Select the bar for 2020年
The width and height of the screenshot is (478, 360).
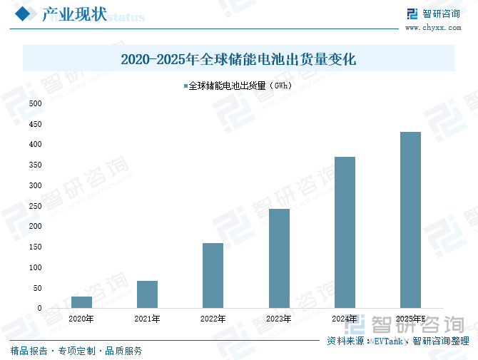[x=81, y=302]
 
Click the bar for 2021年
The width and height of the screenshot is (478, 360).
[x=147, y=294]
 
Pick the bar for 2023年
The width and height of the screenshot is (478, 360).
[x=279, y=258]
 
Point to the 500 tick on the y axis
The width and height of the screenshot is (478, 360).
[x=35, y=103]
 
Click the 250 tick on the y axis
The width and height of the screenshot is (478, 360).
[x=35, y=206]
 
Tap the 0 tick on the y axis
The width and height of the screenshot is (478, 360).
[x=39, y=308]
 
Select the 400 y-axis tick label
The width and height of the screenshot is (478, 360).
[x=35, y=145]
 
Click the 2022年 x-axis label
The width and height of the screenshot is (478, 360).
[x=213, y=319]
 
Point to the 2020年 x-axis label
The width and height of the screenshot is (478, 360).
[x=81, y=319]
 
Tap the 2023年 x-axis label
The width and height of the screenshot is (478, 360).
[x=279, y=319]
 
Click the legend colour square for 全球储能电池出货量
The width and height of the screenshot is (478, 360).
[x=185, y=86]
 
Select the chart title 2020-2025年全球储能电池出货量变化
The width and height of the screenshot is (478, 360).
[x=238, y=59]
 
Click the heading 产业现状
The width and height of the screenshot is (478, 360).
[x=74, y=14]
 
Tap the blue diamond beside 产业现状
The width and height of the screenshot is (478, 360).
[x=22, y=14]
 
